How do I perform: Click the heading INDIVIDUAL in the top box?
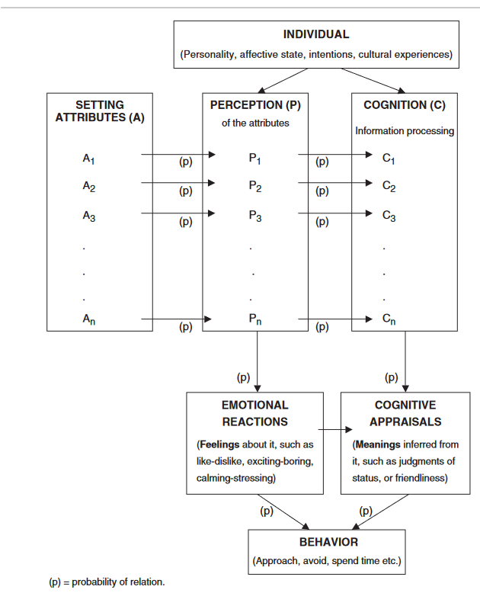pyautogui.click(x=316, y=34)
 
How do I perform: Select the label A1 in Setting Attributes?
pyautogui.click(x=89, y=159)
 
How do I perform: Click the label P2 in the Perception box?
pyautogui.click(x=255, y=187)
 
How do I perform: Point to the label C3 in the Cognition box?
pyautogui.click(x=389, y=216)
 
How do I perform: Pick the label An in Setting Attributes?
pyautogui.click(x=89, y=319)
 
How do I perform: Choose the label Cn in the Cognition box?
pyautogui.click(x=389, y=319)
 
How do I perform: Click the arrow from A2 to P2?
pyautogui.click(x=178, y=183)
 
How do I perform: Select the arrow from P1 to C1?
pyautogui.click(x=335, y=154)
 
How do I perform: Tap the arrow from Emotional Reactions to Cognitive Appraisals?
pyautogui.click(x=335, y=430)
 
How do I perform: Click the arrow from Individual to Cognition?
pyautogui.click(x=373, y=81)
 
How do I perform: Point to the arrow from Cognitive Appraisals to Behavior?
pyautogui.click(x=380, y=512)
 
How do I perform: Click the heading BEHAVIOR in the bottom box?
pyautogui.click(x=328, y=543)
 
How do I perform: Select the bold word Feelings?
pyautogui.click(x=219, y=445)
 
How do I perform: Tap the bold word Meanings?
pyautogui.click(x=378, y=445)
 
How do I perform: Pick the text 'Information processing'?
pyautogui.click(x=405, y=131)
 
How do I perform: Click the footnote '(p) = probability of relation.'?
pyautogui.click(x=107, y=582)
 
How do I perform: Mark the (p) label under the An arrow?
pyautogui.click(x=186, y=327)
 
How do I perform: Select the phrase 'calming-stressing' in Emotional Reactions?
pyautogui.click(x=235, y=479)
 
